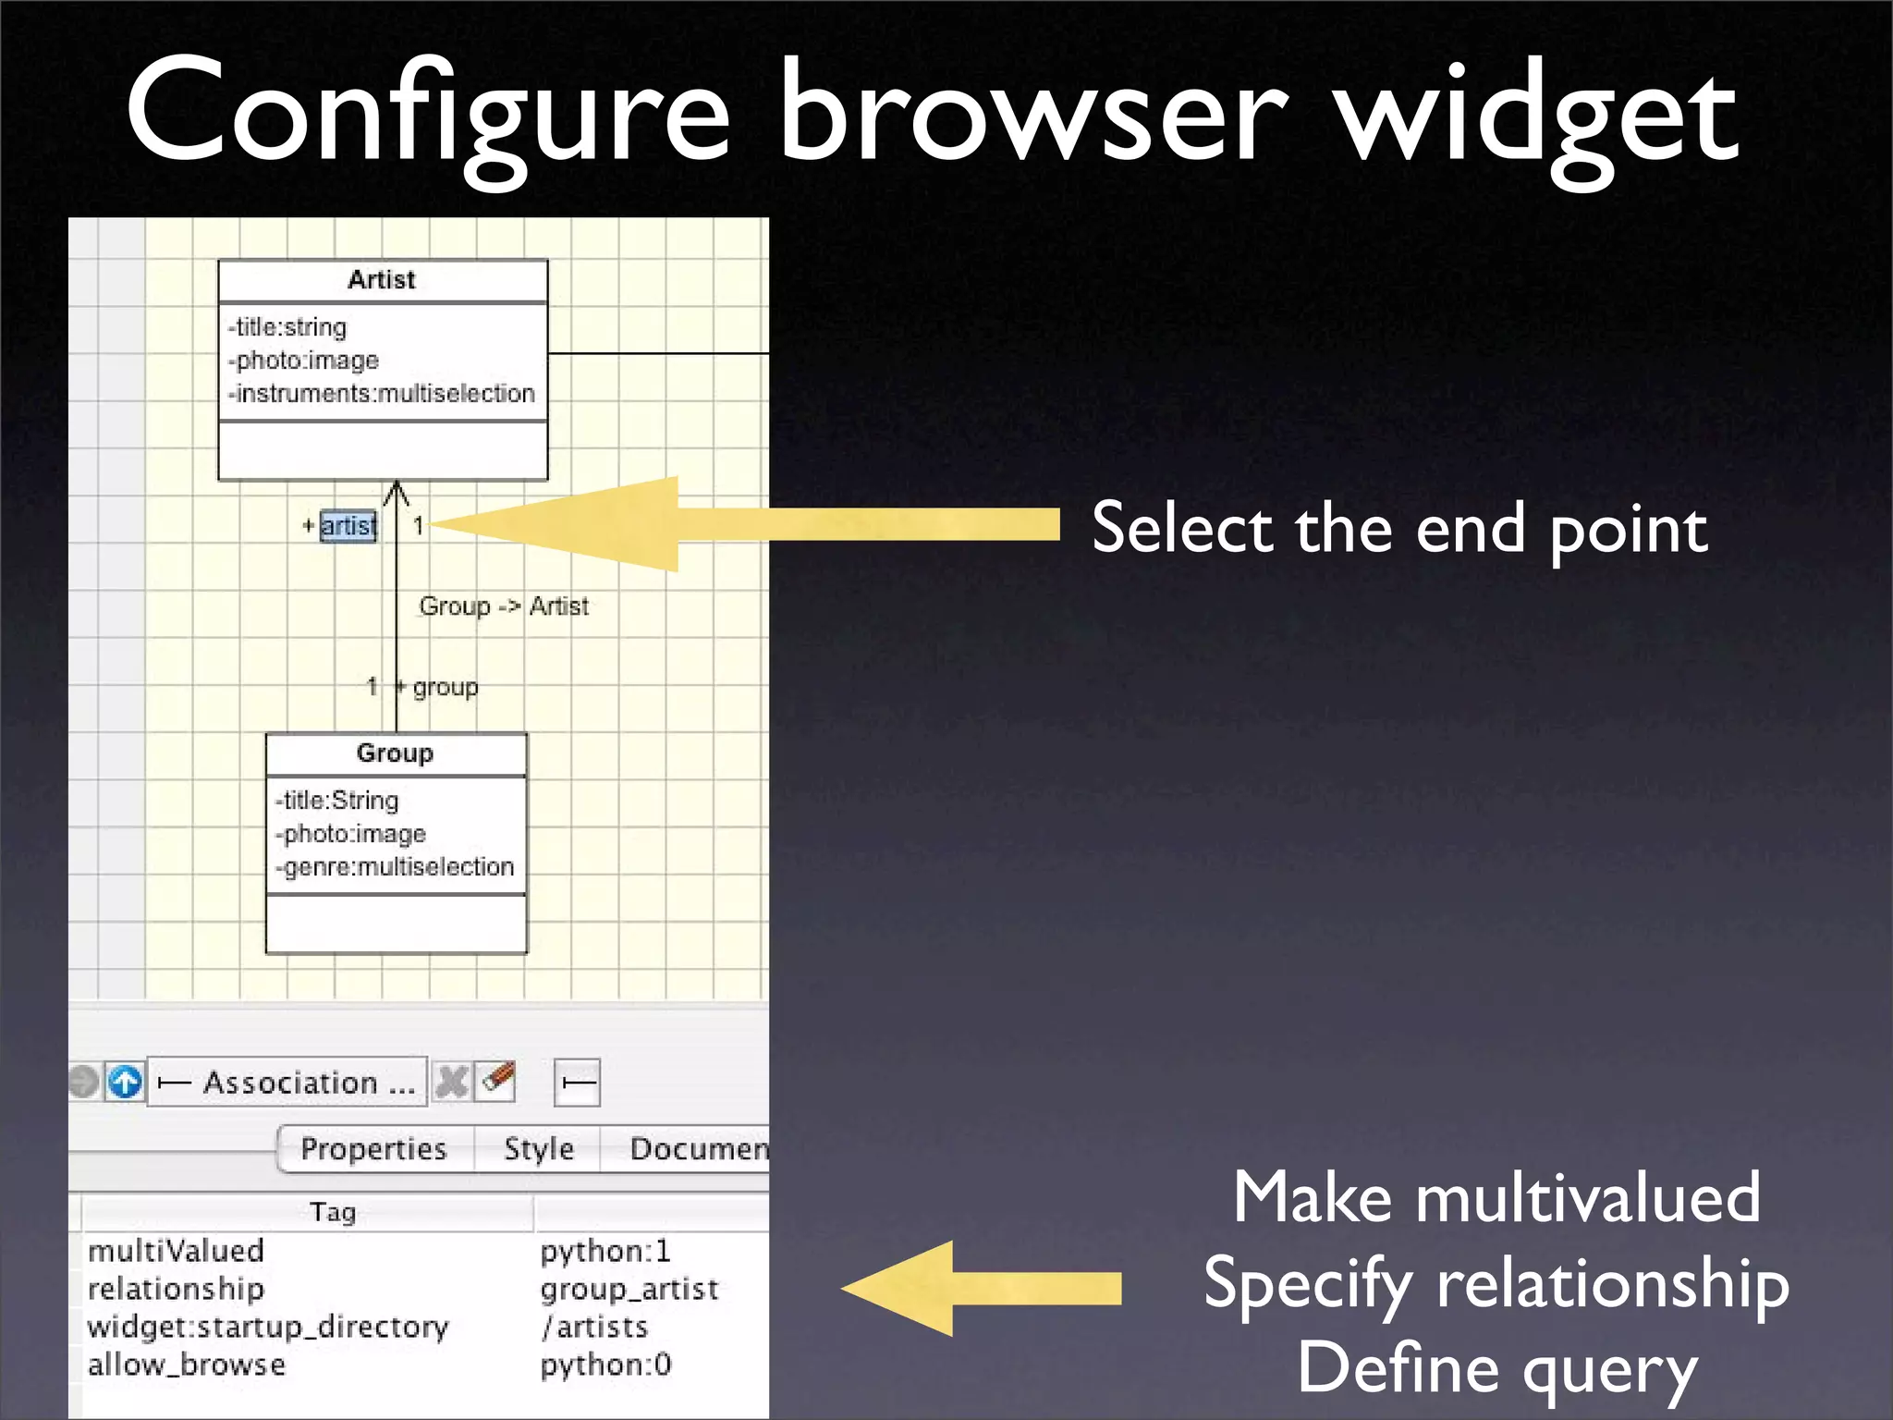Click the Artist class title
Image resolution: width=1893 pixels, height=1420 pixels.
(382, 280)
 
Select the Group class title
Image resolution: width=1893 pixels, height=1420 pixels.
(395, 753)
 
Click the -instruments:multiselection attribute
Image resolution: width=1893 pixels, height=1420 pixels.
(382, 394)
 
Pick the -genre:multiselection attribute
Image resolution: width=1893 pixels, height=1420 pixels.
(395, 867)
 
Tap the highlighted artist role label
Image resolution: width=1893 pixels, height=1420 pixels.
(348, 526)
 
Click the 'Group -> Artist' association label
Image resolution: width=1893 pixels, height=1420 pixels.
(504, 606)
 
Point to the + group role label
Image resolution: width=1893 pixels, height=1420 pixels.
(438, 687)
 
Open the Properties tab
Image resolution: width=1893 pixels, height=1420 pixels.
(373, 1149)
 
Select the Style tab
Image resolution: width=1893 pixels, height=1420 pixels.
(539, 1149)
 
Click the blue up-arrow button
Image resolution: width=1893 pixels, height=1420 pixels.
(125, 1082)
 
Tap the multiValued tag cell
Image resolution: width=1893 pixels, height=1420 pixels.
(177, 1251)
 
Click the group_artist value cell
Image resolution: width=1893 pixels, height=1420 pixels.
(629, 1289)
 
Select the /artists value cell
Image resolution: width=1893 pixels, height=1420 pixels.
(595, 1327)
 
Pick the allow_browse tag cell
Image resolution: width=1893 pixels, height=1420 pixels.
(187, 1365)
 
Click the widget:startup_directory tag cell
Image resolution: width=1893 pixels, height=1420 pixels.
(268, 1327)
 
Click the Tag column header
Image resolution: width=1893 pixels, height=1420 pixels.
(333, 1212)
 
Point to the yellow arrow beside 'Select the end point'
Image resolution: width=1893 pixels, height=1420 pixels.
(739, 525)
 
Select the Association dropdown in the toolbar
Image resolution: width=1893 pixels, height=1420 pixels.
(287, 1082)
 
